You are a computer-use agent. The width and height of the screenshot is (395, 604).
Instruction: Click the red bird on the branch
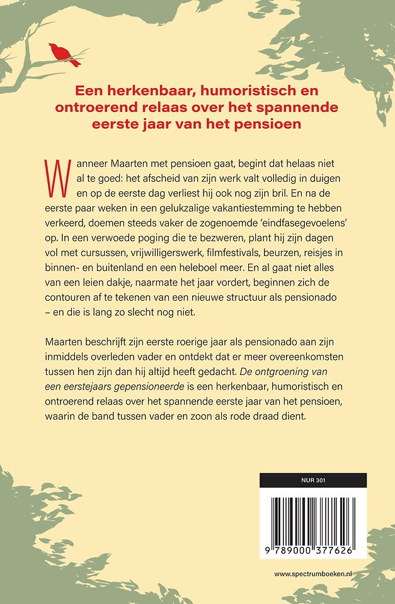[64, 53]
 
